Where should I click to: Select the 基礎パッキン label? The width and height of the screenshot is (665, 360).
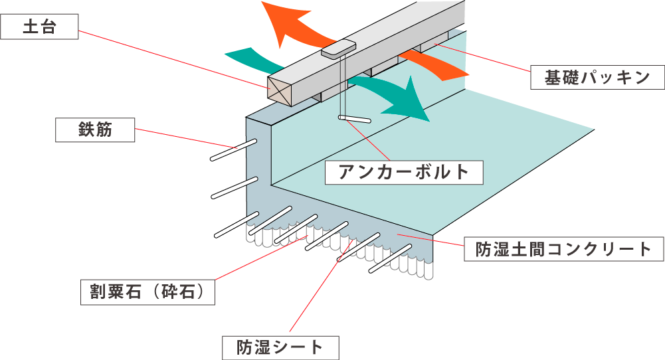point(597,78)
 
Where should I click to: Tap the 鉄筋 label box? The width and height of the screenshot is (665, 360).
point(95,131)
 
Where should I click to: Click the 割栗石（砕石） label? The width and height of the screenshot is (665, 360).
point(148,292)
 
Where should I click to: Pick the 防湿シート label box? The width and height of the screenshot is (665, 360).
point(280,347)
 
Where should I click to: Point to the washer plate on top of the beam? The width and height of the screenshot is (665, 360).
point(339,48)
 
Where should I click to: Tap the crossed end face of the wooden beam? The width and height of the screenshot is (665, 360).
point(281,90)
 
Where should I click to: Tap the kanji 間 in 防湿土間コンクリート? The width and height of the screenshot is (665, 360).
point(535,250)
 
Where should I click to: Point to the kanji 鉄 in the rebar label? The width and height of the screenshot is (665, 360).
point(84,131)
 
